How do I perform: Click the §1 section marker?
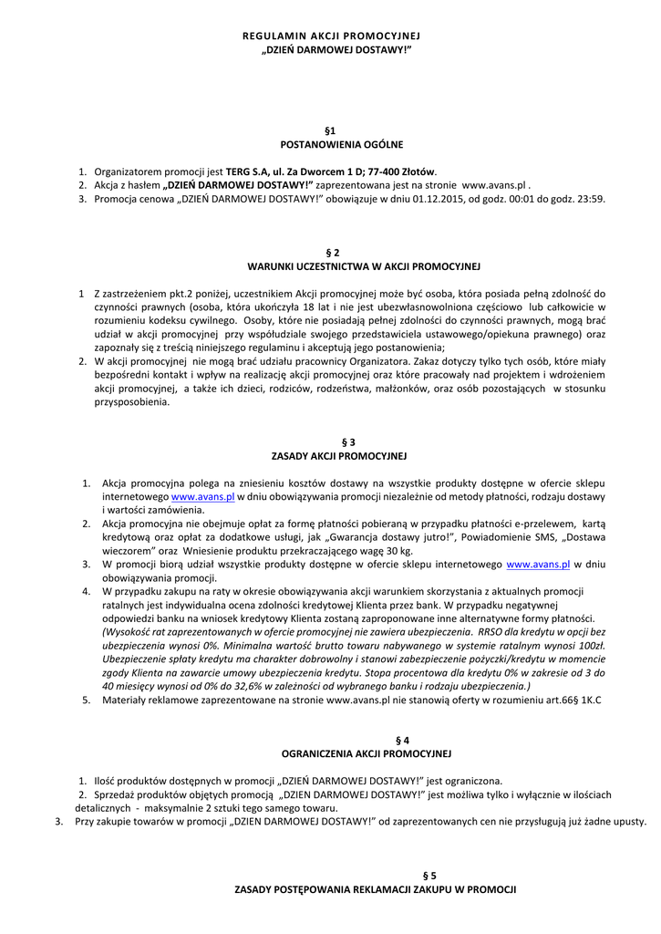click(330, 131)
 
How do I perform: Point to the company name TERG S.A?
click(246, 171)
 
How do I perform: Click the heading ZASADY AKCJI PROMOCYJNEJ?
click(339, 455)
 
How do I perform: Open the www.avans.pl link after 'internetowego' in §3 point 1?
click(203, 496)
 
